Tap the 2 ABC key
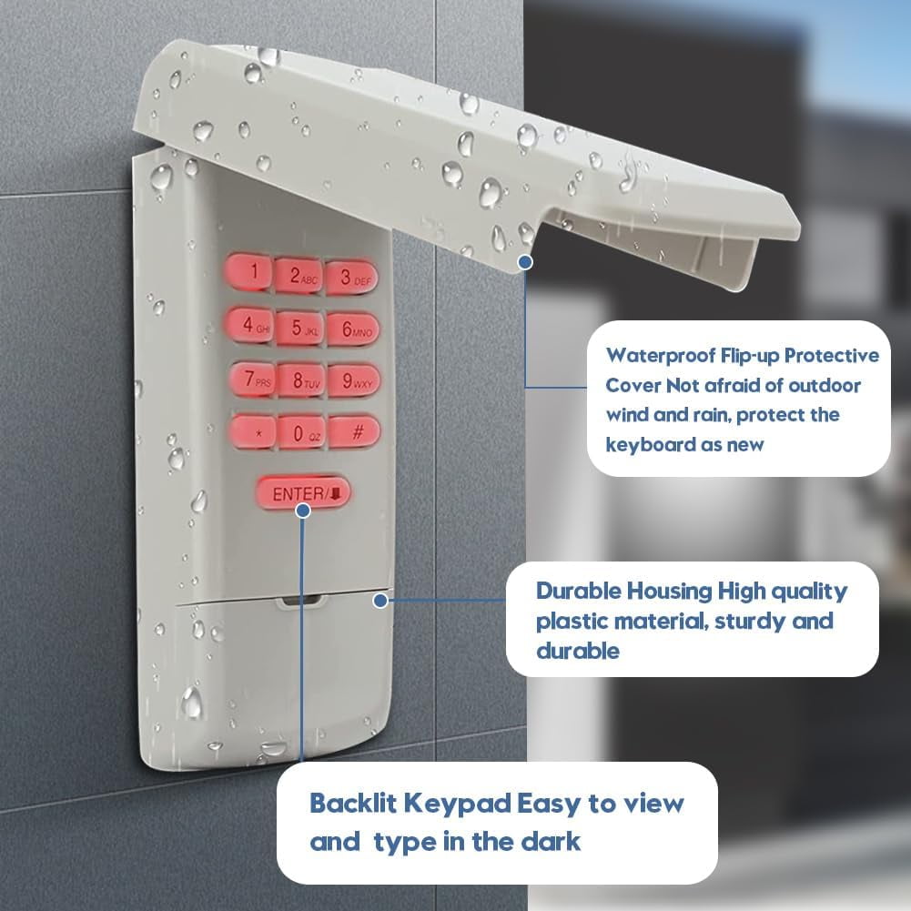tap(299, 276)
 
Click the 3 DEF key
tap(352, 278)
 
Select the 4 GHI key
tap(251, 326)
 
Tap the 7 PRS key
tap(253, 379)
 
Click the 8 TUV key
tap(301, 381)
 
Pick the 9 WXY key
tap(354, 381)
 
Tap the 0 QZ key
tap(301, 433)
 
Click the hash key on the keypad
tap(354, 431)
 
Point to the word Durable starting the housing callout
tap(578, 591)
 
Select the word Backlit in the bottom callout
tap(353, 803)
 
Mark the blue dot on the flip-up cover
tap(525, 262)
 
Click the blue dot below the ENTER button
tap(303, 511)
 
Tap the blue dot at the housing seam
tap(380, 600)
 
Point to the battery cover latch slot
tap(300, 600)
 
